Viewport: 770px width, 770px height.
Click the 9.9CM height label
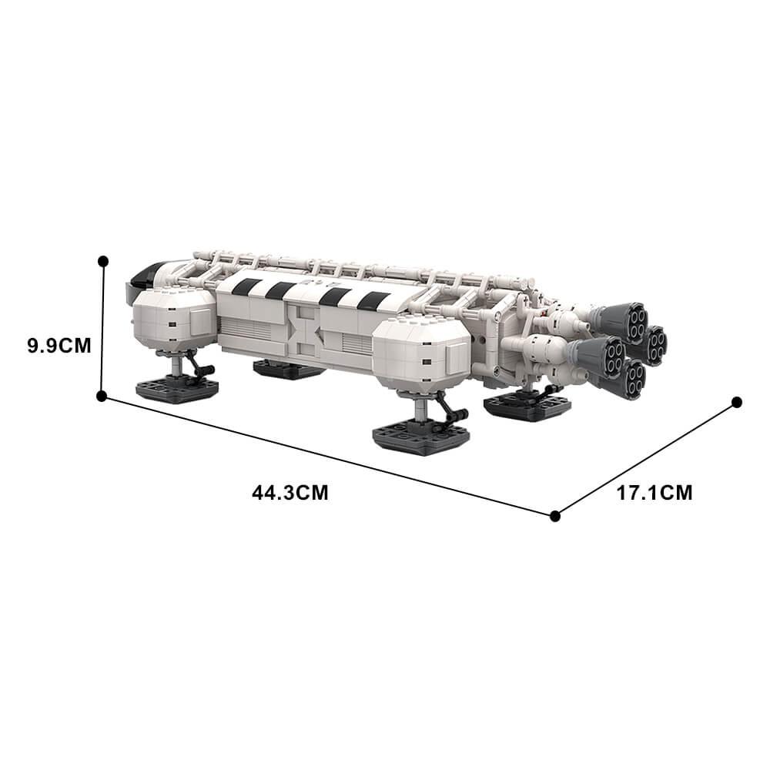pos(59,346)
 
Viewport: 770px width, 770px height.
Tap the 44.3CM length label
pos(290,492)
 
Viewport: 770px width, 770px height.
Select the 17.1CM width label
pos(654,493)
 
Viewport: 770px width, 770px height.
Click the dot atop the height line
pos(103,261)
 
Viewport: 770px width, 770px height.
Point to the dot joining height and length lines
pos(102,396)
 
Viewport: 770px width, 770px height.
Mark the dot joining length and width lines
pos(555,516)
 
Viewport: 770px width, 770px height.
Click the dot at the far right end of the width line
pos(737,403)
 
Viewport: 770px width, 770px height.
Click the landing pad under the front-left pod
pos(176,390)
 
